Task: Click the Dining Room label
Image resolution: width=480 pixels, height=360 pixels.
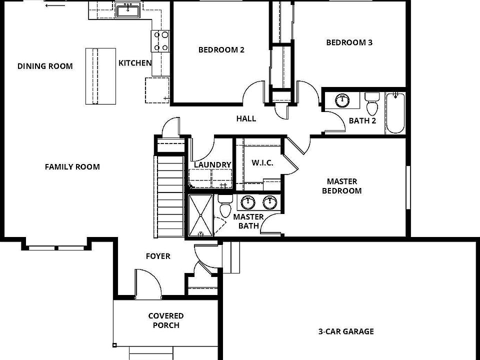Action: (45, 66)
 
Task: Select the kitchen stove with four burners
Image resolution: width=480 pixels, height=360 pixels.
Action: (160, 41)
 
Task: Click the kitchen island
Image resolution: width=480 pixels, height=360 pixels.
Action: (100, 76)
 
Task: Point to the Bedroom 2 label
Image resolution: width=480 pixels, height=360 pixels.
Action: (221, 49)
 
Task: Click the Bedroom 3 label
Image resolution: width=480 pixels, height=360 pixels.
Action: (349, 42)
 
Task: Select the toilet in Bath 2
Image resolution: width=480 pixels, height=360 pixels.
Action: (372, 104)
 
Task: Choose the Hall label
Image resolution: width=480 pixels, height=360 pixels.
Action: (246, 118)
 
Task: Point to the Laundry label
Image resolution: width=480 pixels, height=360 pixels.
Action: (212, 164)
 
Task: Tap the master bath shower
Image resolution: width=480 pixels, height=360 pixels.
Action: (200, 216)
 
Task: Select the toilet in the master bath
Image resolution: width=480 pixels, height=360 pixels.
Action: (225, 205)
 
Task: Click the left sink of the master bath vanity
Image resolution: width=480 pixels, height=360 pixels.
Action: (247, 202)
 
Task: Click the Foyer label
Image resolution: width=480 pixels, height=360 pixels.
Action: (158, 256)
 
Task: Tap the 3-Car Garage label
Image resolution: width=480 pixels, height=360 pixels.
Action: (345, 331)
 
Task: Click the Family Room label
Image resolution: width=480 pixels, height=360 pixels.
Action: (72, 166)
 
